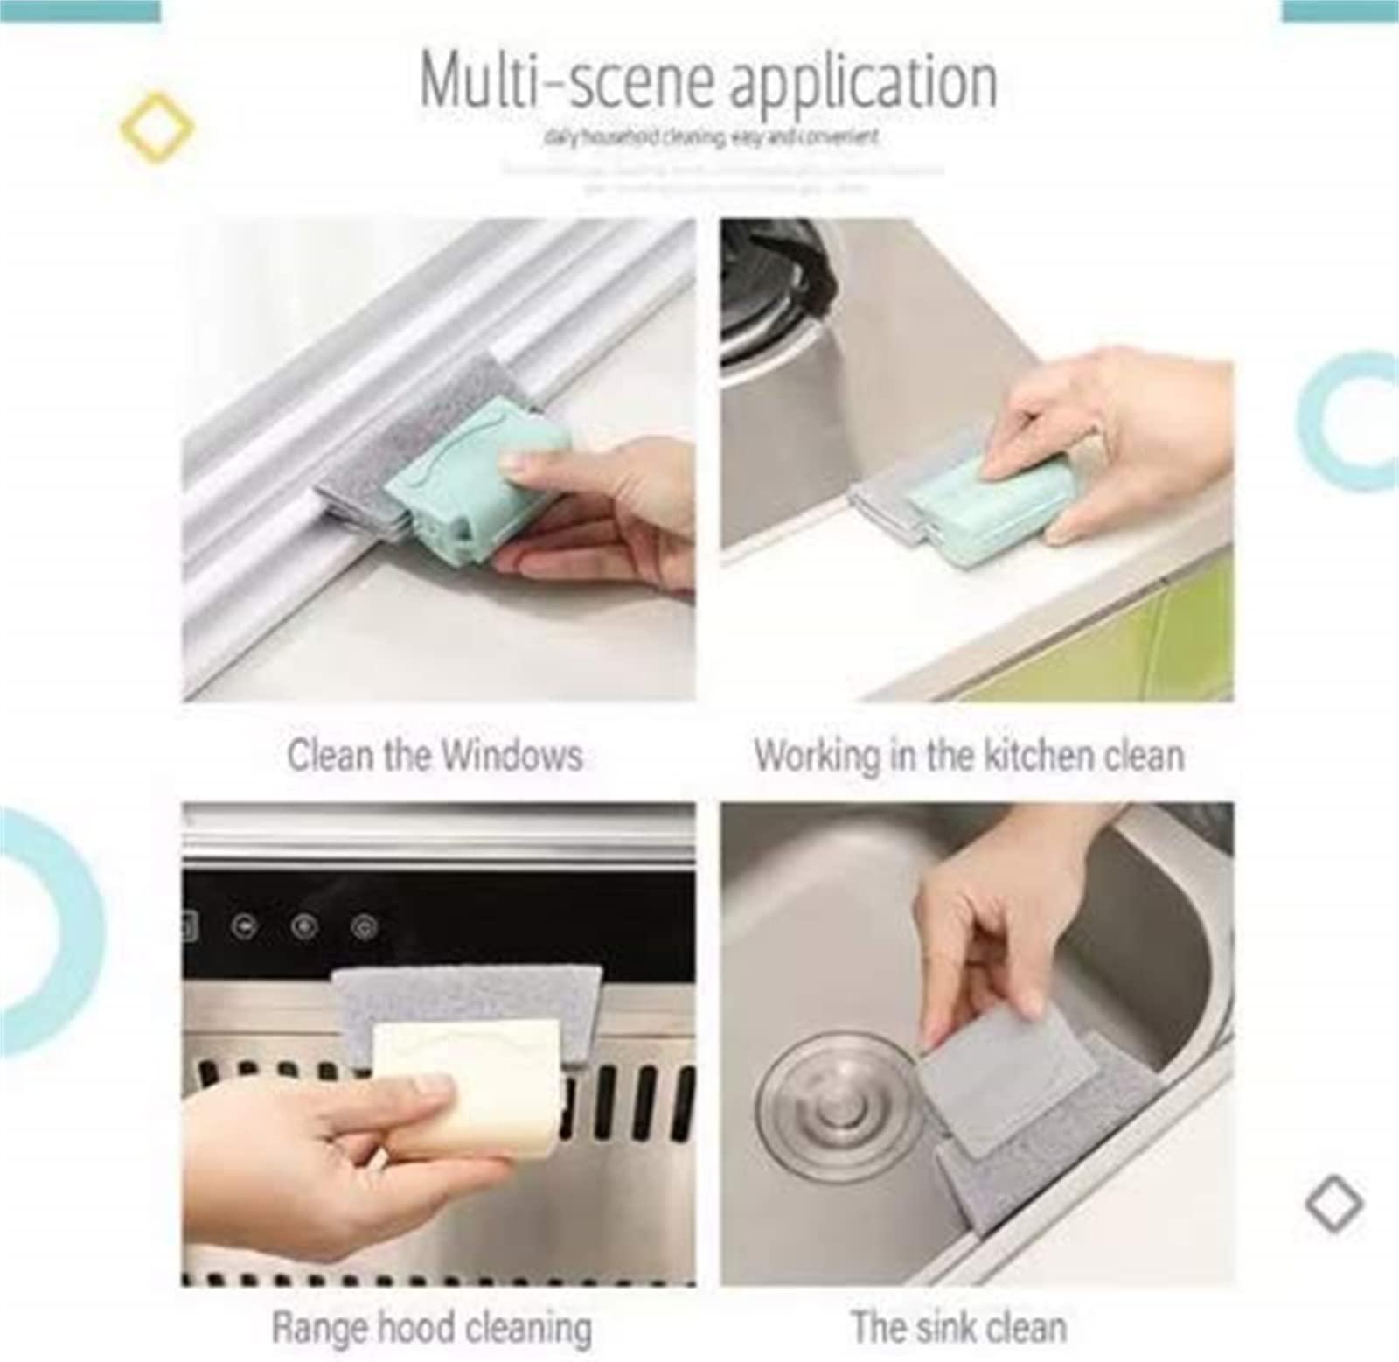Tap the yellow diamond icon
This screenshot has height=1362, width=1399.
(157, 128)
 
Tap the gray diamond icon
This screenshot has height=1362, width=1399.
(1334, 1205)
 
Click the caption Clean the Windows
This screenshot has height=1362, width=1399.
(435, 756)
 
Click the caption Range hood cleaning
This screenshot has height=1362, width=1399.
(432, 1327)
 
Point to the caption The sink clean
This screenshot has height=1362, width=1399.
(959, 1327)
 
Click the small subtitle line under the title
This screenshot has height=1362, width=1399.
(710, 137)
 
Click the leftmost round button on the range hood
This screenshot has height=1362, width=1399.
(247, 926)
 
